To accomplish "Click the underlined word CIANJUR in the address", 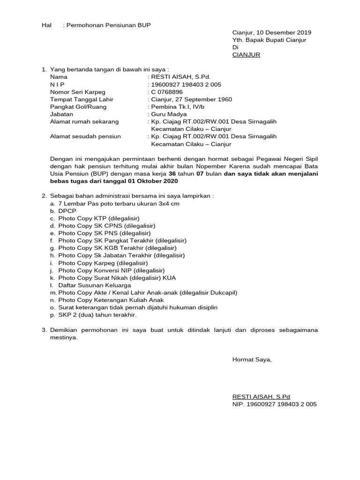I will [x=246, y=55].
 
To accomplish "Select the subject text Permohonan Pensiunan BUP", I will [x=108, y=25].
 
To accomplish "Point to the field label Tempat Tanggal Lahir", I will [x=82, y=99].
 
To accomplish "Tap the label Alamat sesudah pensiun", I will [x=85, y=136].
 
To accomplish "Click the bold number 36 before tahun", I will [x=172, y=173].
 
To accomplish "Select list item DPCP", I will [x=67, y=211].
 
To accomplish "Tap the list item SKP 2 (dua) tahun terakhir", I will [x=97, y=315].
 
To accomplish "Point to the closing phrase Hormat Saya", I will [x=252, y=360].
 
